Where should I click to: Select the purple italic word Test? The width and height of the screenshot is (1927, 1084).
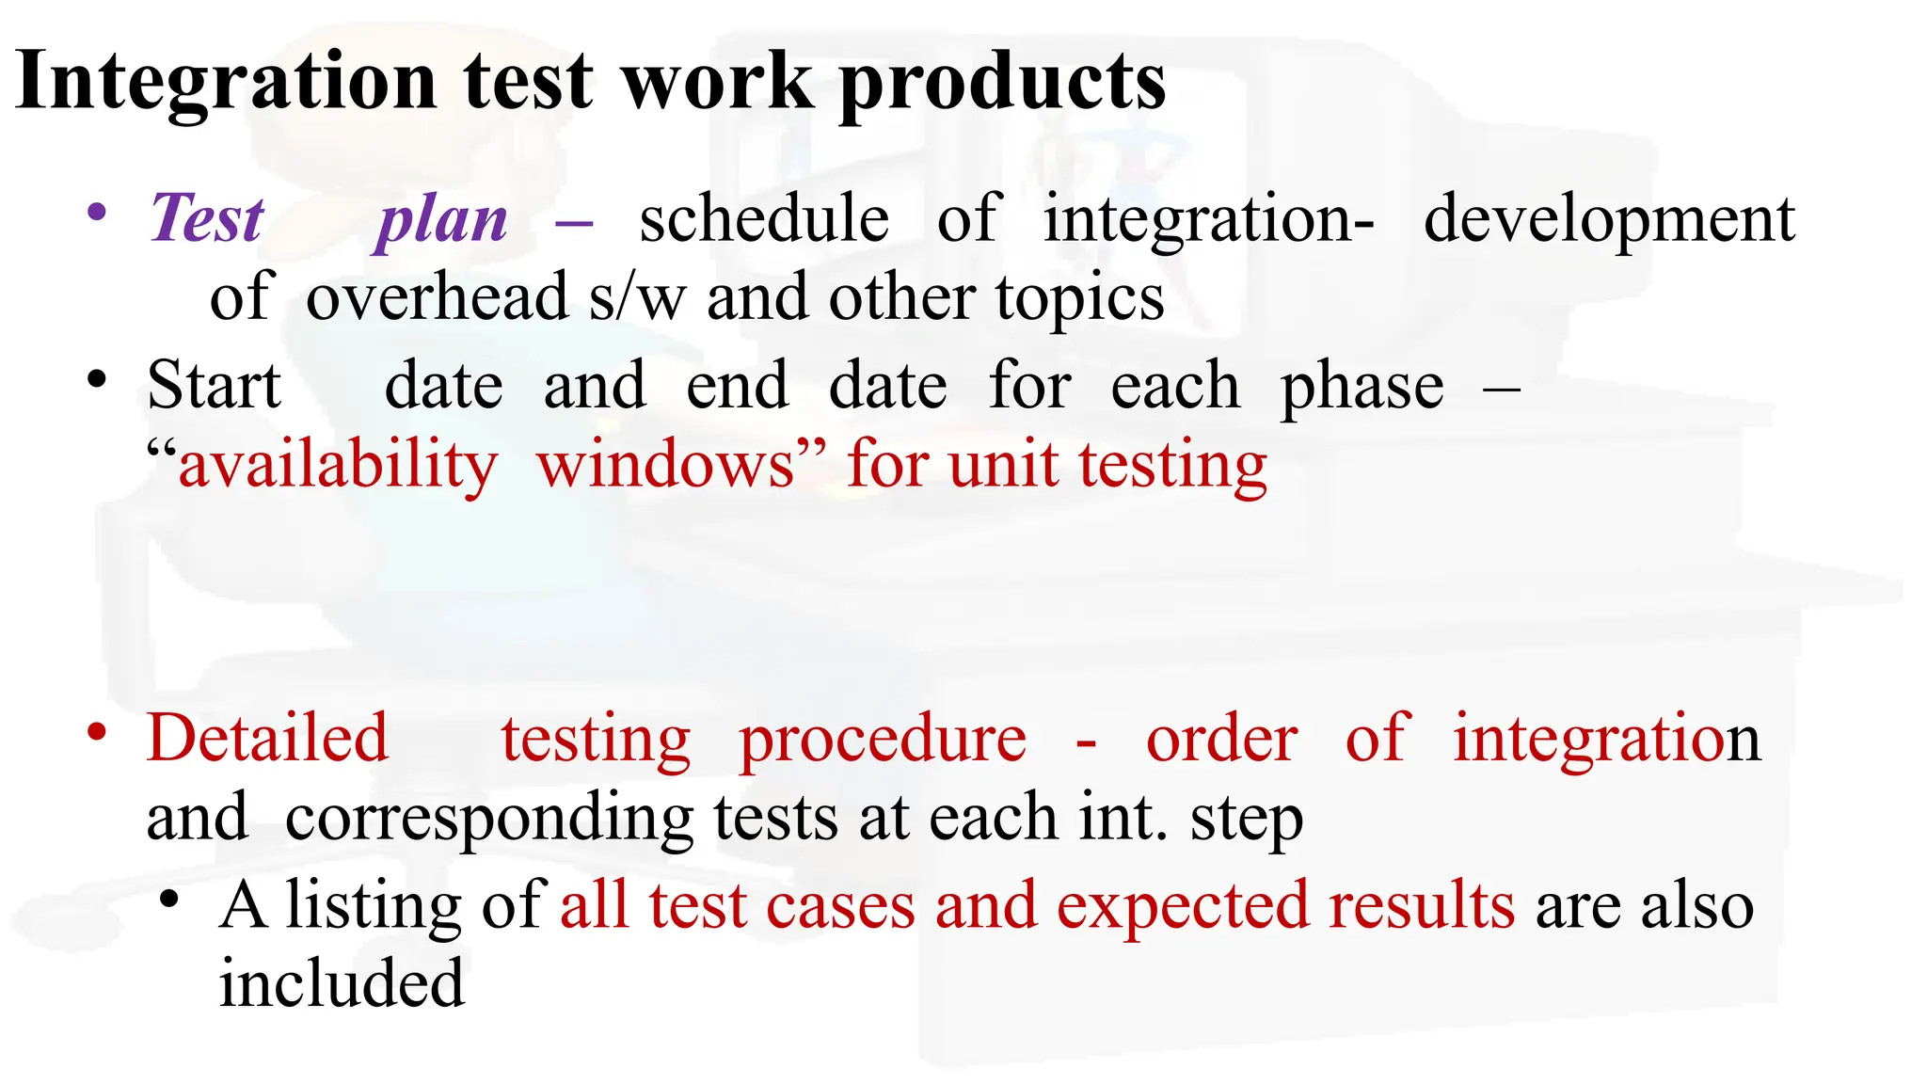coord(207,218)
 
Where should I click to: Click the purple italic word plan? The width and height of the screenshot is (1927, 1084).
coord(442,220)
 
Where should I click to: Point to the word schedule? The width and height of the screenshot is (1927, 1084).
coord(764,218)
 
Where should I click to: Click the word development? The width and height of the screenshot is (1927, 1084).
coord(1609,220)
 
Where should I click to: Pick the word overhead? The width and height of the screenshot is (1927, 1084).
coord(437,297)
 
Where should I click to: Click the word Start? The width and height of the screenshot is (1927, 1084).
coord(215,386)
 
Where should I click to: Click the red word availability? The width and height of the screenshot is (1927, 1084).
coord(338,465)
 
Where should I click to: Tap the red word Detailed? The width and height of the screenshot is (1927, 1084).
coord(267,738)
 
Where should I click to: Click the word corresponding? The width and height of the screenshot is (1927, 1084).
coord(489,819)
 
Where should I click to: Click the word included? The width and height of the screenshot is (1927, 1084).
coord(342,982)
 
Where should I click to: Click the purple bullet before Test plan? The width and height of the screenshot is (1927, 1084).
coord(96,213)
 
